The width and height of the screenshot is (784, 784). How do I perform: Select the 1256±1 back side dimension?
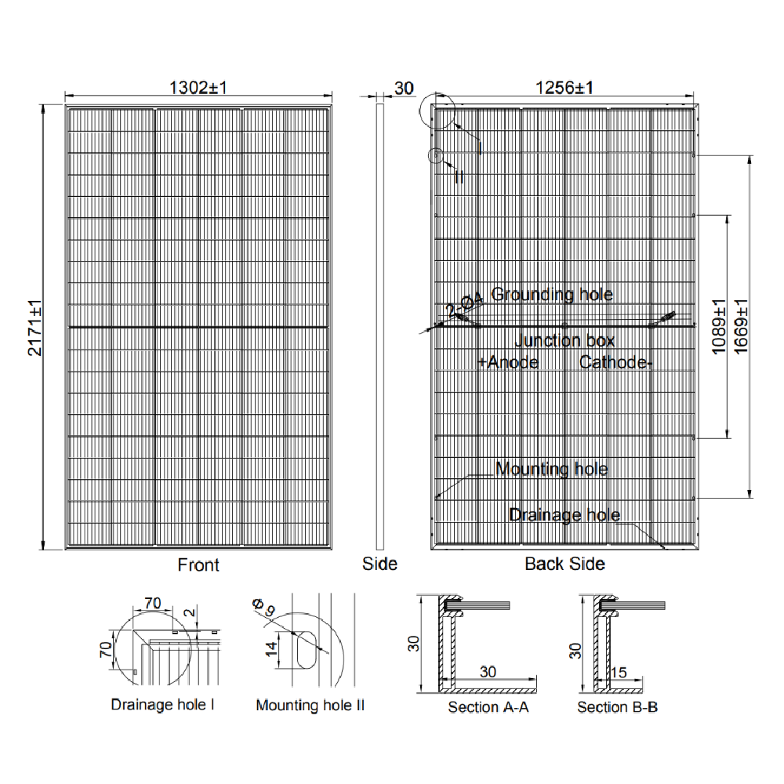[x=564, y=88]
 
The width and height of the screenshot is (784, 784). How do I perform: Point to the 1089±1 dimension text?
[x=718, y=327]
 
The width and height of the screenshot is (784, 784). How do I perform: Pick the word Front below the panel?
[x=198, y=564]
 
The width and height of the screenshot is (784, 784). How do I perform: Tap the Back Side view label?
[x=564, y=564]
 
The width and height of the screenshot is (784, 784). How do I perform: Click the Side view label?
[x=379, y=564]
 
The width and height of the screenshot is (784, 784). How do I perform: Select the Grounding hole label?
[x=552, y=295]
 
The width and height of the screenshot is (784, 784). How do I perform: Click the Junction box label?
[x=564, y=341]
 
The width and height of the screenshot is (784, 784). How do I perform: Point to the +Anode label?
[x=508, y=362]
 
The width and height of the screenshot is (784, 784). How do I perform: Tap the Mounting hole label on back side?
[x=552, y=470]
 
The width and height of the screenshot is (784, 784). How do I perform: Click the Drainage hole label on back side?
[x=564, y=515]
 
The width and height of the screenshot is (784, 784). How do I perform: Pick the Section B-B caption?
[x=617, y=707]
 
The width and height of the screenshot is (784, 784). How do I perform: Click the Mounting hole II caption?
[x=310, y=706]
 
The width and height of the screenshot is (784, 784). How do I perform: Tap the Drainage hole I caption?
[x=163, y=705]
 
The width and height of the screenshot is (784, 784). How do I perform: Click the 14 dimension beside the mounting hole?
[x=271, y=648]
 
